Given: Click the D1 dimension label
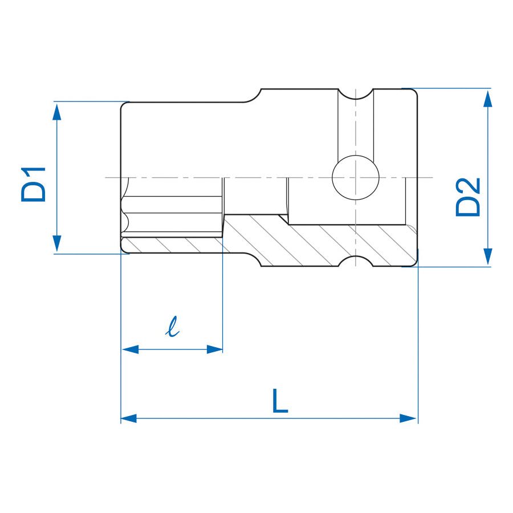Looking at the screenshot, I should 33,184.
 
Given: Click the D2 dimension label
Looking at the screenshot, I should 468,197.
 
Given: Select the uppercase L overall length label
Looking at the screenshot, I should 279,401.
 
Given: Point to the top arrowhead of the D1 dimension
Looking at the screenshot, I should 56,111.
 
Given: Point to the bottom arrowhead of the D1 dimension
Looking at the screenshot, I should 56,244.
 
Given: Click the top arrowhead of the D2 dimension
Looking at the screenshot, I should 487,98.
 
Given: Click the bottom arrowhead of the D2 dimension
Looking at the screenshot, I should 487,256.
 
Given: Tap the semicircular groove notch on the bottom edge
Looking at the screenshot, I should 356,262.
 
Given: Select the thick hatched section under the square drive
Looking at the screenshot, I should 319,242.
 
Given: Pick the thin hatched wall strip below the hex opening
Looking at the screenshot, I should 171,245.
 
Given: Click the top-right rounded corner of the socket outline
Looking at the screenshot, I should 414,92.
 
